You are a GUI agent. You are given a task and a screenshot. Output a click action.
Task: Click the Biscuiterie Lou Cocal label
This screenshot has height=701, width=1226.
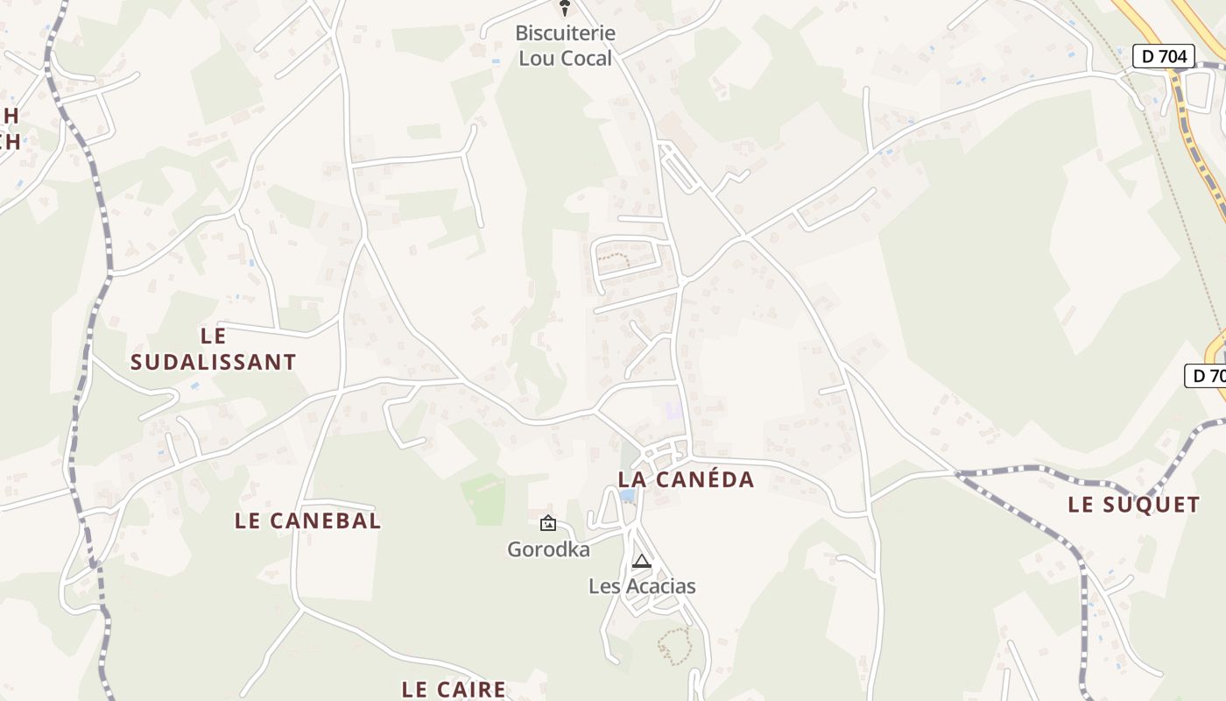point(565,46)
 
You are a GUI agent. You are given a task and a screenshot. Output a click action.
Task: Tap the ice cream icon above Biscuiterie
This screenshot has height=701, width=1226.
point(565,9)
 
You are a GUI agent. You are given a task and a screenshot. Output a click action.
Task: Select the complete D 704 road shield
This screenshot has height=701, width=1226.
point(1164,57)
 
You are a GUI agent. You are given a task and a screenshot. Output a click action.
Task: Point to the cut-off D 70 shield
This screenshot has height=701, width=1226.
point(1206,376)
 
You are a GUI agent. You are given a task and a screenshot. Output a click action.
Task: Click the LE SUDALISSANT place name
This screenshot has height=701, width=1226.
point(213,349)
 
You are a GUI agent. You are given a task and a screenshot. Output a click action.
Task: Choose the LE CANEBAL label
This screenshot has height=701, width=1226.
point(307,520)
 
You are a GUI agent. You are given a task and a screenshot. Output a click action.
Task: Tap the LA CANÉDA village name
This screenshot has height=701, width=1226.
point(686,479)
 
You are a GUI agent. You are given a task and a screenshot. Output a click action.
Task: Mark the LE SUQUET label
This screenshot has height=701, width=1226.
point(1133,505)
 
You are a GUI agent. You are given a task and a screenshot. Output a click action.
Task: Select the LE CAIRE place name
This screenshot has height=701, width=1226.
point(454,690)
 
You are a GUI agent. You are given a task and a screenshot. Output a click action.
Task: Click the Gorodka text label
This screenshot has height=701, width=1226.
point(548,549)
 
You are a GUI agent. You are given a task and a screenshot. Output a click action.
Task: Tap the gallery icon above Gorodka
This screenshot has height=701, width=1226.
point(548,524)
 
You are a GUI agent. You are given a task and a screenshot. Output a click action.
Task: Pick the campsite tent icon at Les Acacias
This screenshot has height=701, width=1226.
point(642,562)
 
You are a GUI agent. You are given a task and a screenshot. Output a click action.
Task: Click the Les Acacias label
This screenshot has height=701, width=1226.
point(642,586)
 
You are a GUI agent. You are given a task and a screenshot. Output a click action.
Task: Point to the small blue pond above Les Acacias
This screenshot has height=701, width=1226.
point(627,496)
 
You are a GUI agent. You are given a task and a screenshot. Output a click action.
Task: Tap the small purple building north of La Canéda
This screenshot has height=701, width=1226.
point(673,409)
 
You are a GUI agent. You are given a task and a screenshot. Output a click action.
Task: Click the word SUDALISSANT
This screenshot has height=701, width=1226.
point(213,362)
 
